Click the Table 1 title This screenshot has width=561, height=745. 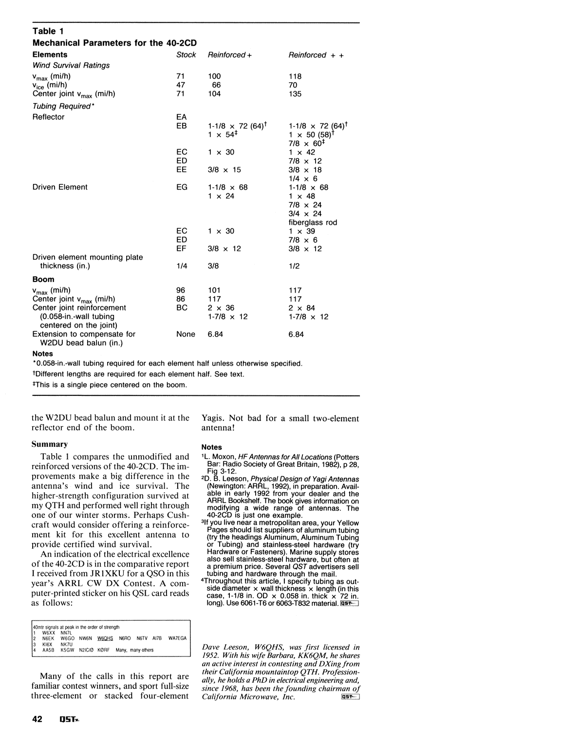44,31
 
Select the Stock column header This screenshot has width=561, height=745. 186,55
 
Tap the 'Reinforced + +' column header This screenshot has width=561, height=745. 316,55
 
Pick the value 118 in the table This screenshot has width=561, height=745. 295,76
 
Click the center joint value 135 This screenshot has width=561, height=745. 295,94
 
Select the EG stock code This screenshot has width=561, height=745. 182,187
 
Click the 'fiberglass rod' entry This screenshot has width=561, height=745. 313,222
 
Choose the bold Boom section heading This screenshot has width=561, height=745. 43,279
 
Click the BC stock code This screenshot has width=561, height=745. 182,308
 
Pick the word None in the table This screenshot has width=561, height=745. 186,334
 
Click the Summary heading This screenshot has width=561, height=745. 50,444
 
